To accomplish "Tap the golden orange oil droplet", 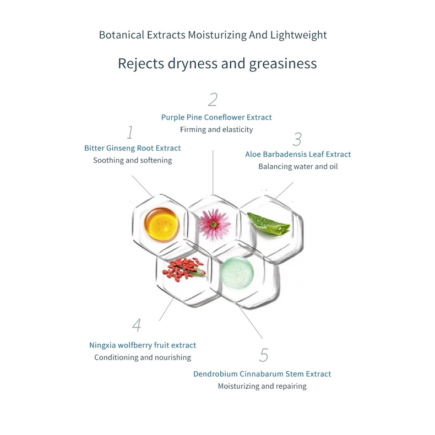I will point(159,222).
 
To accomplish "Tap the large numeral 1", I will point(130,133).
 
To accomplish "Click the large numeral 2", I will point(213,100).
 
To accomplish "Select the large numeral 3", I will point(297,139).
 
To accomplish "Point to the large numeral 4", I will point(137,325).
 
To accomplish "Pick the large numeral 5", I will point(264,356).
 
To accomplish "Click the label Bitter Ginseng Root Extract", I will point(132,148).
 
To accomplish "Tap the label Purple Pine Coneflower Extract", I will point(216,117).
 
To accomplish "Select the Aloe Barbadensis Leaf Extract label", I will point(298,154).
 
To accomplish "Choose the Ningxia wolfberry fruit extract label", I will point(143,345).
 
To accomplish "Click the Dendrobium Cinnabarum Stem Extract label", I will point(262,374).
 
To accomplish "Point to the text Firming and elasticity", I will point(216,129).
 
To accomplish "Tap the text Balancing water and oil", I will point(298,166).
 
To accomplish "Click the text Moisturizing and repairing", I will point(262,386).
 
